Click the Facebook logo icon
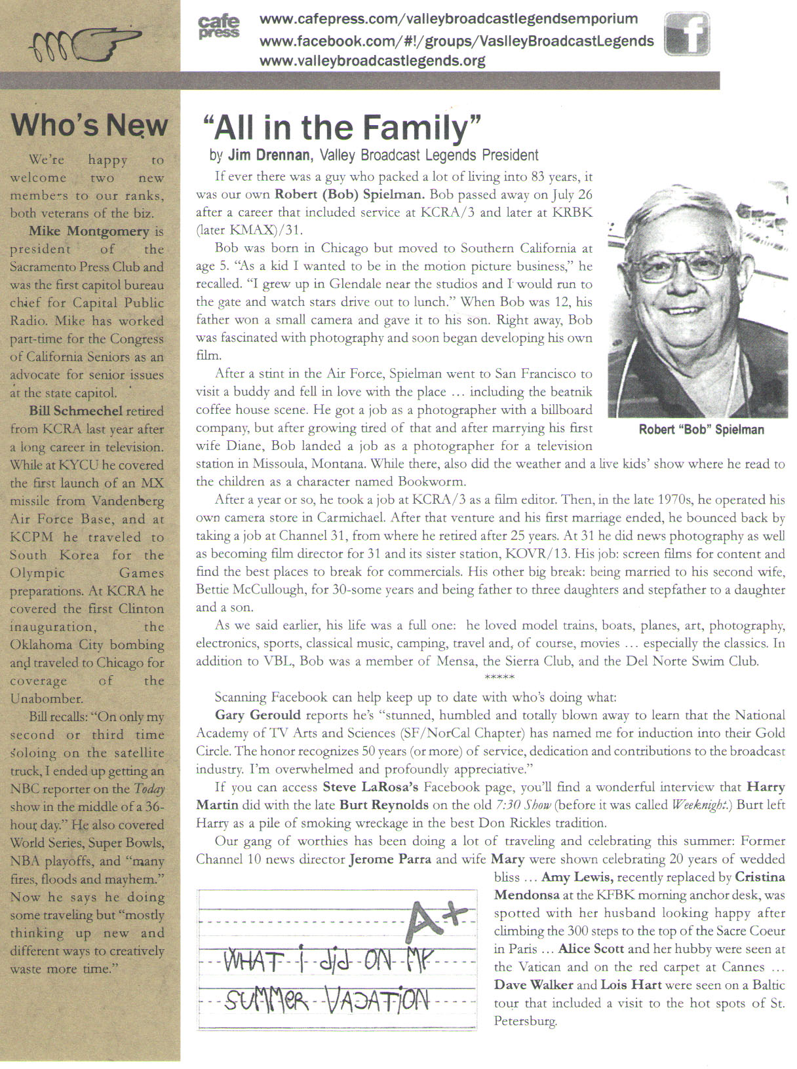click(x=687, y=33)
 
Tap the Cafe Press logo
click(x=218, y=28)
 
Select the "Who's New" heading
click(x=89, y=124)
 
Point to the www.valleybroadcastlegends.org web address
click(x=372, y=61)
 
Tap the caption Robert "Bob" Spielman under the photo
click(x=701, y=430)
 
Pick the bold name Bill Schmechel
click(x=76, y=411)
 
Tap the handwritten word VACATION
click(x=377, y=1000)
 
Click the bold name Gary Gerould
click(x=258, y=715)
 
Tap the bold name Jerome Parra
click(x=390, y=859)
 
